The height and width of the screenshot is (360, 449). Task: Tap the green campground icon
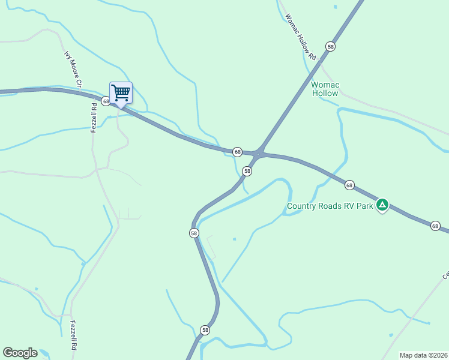coord(382,206)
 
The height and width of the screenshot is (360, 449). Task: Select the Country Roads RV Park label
coord(330,206)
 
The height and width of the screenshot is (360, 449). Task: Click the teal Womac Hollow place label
coord(325,89)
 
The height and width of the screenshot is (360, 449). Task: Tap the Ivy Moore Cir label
coord(72,68)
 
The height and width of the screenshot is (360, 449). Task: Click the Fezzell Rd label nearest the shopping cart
coord(94,118)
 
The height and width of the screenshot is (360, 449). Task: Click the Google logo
coord(20,353)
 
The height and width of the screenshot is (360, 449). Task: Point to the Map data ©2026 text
coord(423,355)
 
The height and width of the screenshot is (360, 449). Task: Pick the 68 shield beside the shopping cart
coord(106,101)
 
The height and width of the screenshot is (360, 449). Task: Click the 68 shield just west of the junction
coord(238,152)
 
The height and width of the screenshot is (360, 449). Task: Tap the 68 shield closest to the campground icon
coord(349,185)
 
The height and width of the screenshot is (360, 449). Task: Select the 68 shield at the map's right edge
coord(435,226)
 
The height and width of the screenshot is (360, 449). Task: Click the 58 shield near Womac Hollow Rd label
coord(330,46)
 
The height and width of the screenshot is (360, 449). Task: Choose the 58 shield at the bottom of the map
coord(205,330)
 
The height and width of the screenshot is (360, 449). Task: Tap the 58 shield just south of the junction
coord(247,172)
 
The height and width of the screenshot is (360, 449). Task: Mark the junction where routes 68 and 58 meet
coord(259,154)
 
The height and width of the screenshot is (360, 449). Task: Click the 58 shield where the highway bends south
coord(194,233)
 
